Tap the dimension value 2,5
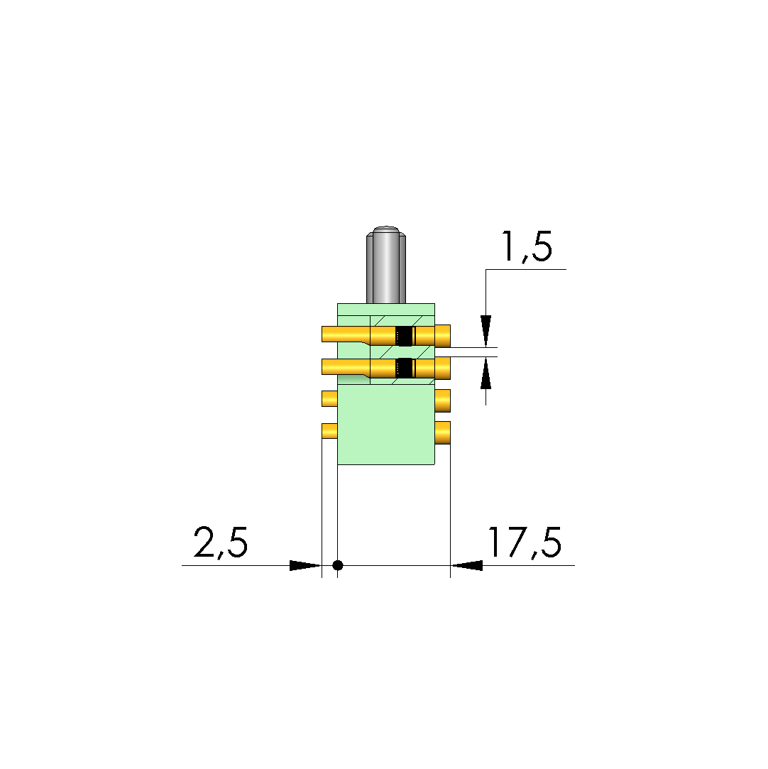[x=221, y=543]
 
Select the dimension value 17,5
[x=524, y=543]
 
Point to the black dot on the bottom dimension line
[x=337, y=565]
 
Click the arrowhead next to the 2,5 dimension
[x=305, y=565]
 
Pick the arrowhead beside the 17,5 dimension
[x=466, y=565]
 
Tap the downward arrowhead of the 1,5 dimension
[x=486, y=331]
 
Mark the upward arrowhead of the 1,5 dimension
[x=486, y=373]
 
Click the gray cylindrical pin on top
[x=386, y=265]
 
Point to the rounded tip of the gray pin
[x=386, y=229]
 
